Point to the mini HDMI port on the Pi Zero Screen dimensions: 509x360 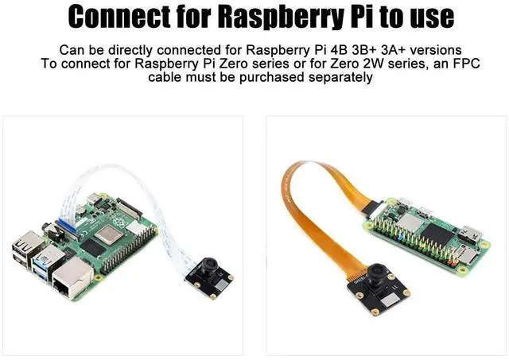469,235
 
